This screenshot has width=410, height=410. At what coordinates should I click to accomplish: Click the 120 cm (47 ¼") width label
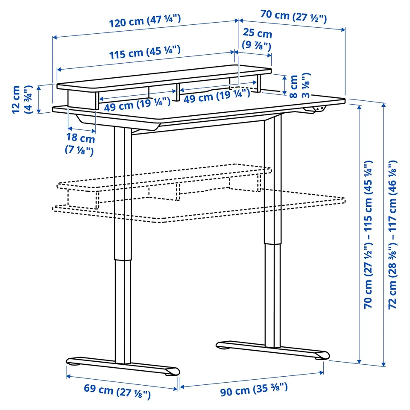[x=145, y=21]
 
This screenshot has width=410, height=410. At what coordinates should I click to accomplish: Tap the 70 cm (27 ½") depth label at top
[x=294, y=16]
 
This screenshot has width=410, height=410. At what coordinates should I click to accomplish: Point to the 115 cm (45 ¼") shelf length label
[x=145, y=53]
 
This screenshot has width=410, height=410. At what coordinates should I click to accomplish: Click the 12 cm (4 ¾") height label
[x=22, y=100]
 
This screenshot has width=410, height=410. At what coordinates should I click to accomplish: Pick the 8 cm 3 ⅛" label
[x=300, y=85]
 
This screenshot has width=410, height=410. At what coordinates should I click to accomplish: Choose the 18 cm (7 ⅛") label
[x=80, y=144]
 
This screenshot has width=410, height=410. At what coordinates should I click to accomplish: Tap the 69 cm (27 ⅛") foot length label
[x=117, y=391]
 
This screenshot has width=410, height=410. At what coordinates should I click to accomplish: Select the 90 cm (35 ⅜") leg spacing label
[x=254, y=389]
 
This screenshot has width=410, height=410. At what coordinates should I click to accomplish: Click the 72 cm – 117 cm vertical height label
[x=392, y=234]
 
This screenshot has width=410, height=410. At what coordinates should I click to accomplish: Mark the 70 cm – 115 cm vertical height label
[x=368, y=234]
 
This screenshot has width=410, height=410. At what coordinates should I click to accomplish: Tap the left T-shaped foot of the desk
[x=123, y=366]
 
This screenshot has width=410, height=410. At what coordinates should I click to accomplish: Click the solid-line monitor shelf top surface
[x=164, y=78]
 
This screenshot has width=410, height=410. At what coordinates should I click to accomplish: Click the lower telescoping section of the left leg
[x=123, y=312]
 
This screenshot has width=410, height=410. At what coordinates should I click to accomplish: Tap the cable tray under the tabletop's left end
[x=118, y=123]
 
